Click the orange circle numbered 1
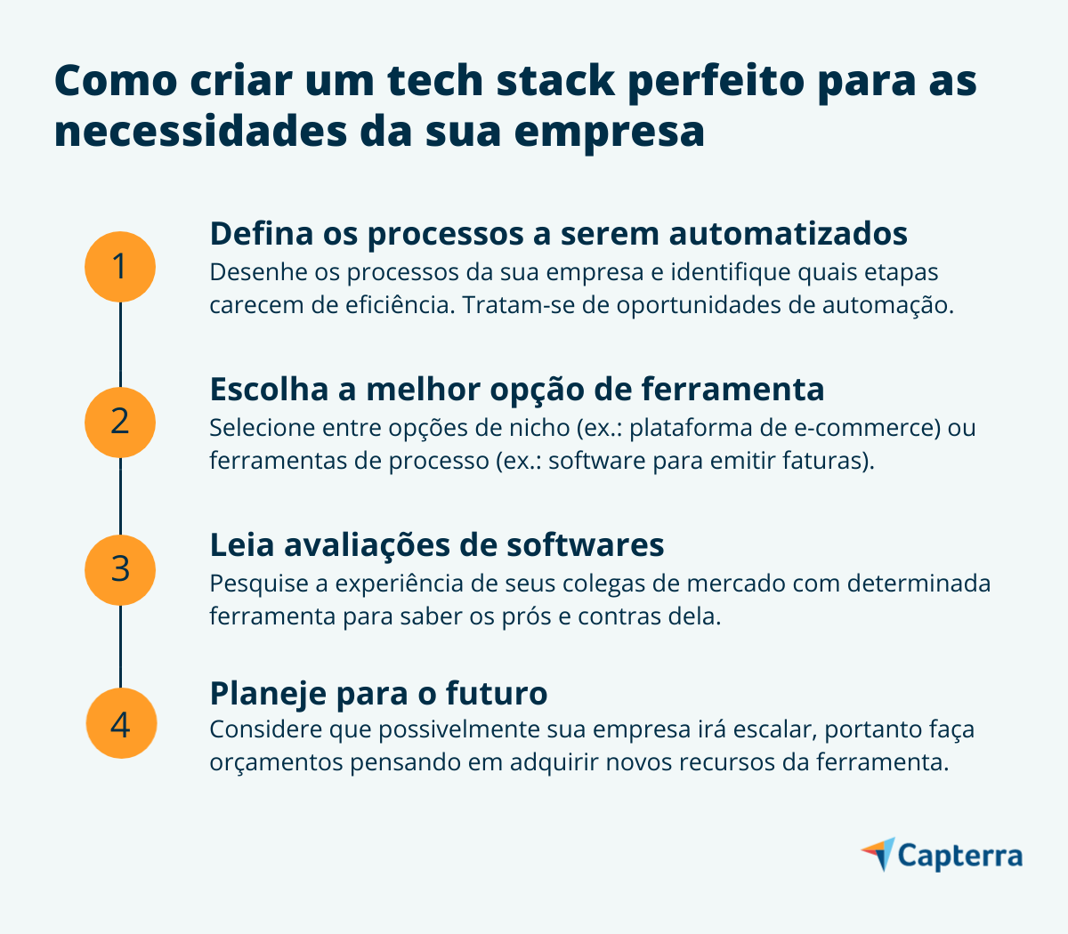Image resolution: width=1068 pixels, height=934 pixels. point(120,266)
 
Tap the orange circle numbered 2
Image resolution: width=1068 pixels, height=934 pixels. point(120,422)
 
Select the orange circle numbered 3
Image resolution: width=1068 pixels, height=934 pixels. point(120,569)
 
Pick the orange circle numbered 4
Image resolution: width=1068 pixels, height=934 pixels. point(120,723)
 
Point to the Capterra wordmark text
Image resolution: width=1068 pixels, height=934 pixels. point(959,856)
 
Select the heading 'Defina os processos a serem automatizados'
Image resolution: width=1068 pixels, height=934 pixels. point(558,233)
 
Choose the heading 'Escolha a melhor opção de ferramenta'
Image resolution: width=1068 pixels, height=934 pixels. point(516,389)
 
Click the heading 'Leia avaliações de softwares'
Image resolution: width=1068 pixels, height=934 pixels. point(436,543)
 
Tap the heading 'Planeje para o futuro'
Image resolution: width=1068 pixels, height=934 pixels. point(378,692)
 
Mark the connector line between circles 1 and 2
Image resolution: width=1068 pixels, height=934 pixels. point(120,344)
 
